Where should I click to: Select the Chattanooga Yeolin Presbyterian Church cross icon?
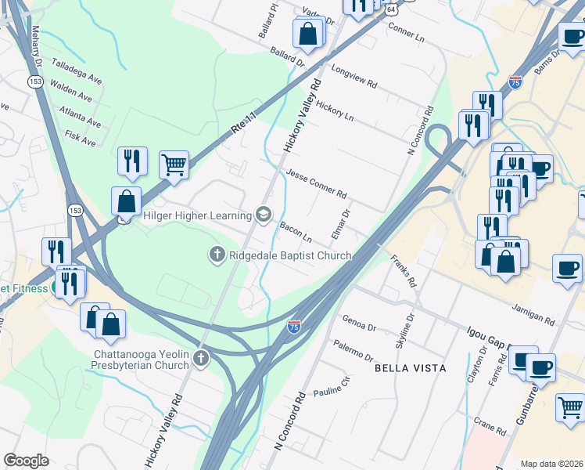click(x=201, y=359)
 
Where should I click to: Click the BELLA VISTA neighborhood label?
click(x=410, y=367)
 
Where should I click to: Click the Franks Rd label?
click(x=404, y=270)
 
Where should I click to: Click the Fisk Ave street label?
click(x=81, y=139)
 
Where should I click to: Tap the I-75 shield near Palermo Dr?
click(x=294, y=325)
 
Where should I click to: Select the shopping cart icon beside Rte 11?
click(x=174, y=164)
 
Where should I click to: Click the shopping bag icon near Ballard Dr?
click(x=308, y=33)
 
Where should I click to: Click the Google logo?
click(x=26, y=461)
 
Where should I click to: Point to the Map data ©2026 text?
click(x=551, y=464)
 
